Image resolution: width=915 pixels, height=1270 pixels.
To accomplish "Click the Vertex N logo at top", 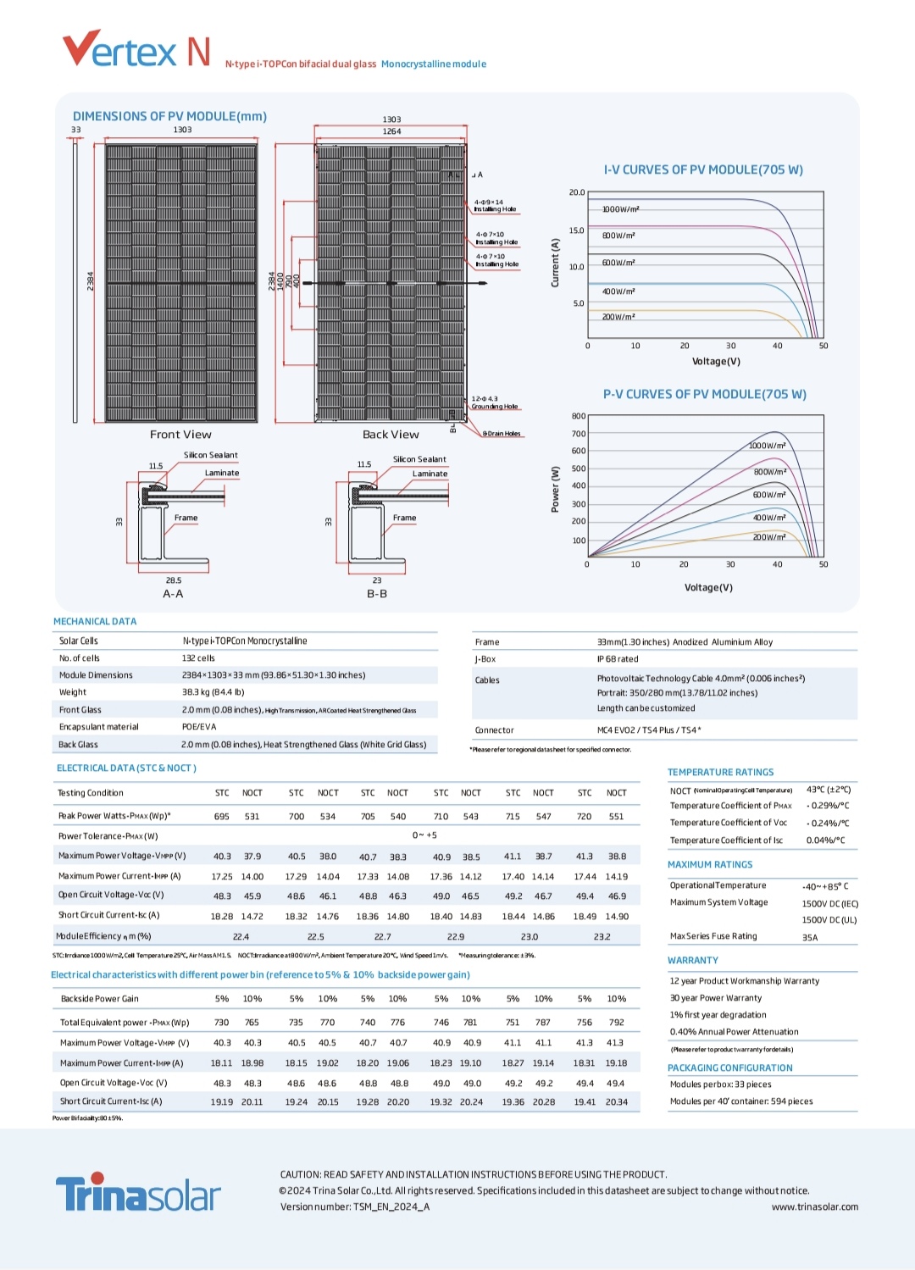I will pyautogui.click(x=136, y=50).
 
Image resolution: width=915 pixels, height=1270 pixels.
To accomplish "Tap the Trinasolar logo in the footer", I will pyautogui.click(x=138, y=1193).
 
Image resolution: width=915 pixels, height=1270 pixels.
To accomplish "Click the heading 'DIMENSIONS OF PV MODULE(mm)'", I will pyautogui.click(x=169, y=116).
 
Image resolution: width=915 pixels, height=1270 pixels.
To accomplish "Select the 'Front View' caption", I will pyautogui.click(x=180, y=435).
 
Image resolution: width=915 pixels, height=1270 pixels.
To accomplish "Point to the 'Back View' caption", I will pyautogui.click(x=391, y=435).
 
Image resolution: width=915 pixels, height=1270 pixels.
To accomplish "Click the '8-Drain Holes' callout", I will pyautogui.click(x=502, y=434).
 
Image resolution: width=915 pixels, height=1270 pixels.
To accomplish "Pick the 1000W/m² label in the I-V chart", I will pyautogui.click(x=620, y=209).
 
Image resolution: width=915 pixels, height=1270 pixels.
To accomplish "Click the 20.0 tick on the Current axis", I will pyautogui.click(x=577, y=192).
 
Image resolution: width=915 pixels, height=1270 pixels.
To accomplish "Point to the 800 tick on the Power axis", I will pyautogui.click(x=579, y=416).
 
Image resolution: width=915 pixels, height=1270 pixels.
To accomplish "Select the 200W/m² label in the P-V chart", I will pyautogui.click(x=769, y=537).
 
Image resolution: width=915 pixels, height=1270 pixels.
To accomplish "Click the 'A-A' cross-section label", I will pyautogui.click(x=173, y=594).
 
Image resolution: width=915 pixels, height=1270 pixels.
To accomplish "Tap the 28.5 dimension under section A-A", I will pyautogui.click(x=174, y=580).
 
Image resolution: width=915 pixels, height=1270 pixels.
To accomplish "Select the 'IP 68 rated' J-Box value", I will pyautogui.click(x=618, y=659).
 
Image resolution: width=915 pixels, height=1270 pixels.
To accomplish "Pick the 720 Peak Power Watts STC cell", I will pyautogui.click(x=585, y=817).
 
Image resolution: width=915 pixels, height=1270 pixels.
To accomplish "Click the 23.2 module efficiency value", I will pyautogui.click(x=602, y=937).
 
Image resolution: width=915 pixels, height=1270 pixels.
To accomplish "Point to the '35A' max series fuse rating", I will pyautogui.click(x=810, y=938).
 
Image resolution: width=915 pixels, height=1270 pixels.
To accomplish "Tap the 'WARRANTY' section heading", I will pyautogui.click(x=692, y=961).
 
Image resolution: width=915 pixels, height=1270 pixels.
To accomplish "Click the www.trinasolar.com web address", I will pyautogui.click(x=814, y=1207).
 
